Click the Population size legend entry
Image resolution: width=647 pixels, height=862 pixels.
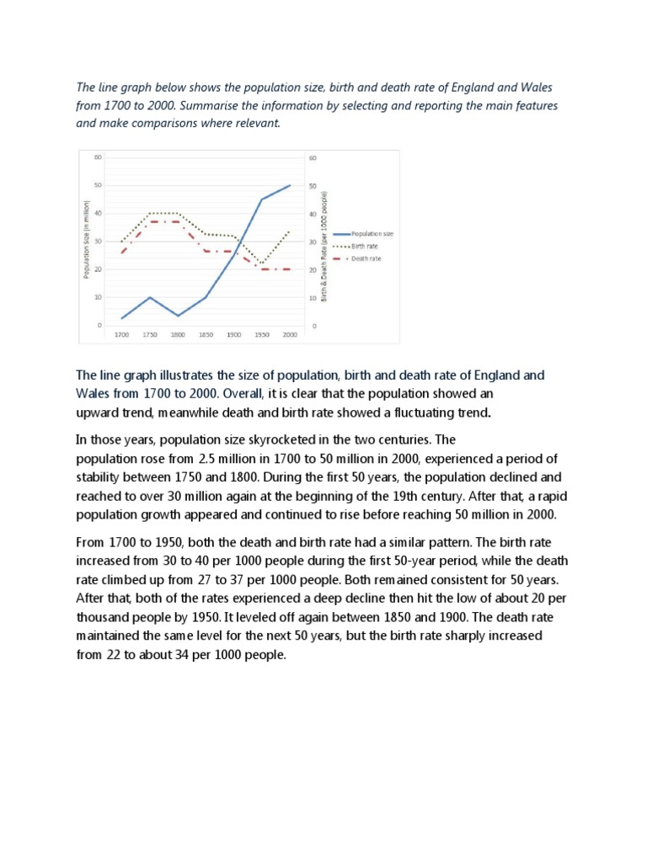point(366,232)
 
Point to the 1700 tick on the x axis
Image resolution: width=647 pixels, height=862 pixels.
point(123,335)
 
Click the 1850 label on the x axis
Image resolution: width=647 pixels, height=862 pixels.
point(206,335)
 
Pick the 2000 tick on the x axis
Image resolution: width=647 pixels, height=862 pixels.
point(290,335)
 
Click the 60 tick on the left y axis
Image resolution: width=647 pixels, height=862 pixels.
point(98,157)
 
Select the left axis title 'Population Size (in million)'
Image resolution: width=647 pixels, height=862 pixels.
point(86,241)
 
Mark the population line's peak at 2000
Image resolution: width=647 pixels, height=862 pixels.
point(290,185)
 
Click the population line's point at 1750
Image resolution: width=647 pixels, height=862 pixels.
point(150,297)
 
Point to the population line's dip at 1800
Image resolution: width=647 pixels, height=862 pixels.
point(178,316)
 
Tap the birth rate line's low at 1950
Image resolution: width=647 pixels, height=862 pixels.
point(262,263)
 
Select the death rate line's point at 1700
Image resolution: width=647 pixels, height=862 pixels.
point(123,252)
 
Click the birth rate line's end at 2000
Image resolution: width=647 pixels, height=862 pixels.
point(290,231)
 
